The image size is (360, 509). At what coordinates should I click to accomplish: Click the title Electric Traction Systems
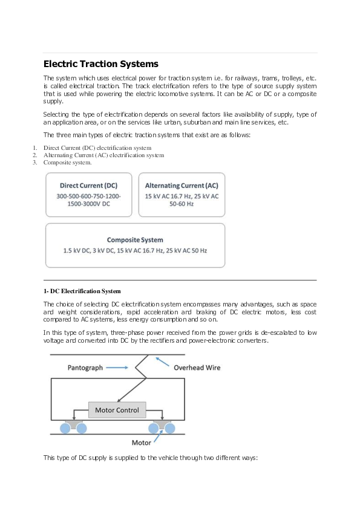coord(101,63)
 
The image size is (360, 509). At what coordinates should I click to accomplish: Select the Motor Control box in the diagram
coord(117,410)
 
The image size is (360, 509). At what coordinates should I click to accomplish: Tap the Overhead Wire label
coord(197,367)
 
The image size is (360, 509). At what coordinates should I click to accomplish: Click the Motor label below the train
coord(142,443)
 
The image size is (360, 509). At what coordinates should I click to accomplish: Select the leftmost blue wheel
coord(64,428)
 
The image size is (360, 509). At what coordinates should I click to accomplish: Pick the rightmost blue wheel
coord(170,428)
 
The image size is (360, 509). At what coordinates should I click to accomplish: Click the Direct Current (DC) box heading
coord(88,185)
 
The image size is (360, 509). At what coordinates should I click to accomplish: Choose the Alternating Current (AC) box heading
coord(182,185)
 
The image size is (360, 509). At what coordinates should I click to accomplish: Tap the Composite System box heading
coord(135,239)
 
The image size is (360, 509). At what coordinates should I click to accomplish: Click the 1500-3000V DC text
coord(88,204)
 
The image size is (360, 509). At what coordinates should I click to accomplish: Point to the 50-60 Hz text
coord(182,204)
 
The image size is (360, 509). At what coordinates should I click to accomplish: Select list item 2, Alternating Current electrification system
coord(103,155)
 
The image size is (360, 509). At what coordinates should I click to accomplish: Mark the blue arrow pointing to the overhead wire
coord(162,361)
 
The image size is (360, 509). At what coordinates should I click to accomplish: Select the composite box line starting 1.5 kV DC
coord(135,250)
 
